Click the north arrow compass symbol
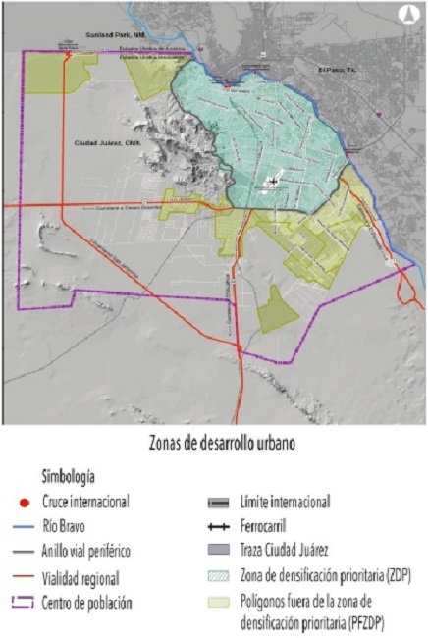point(404,15)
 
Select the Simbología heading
point(68,477)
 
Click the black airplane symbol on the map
point(271,183)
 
